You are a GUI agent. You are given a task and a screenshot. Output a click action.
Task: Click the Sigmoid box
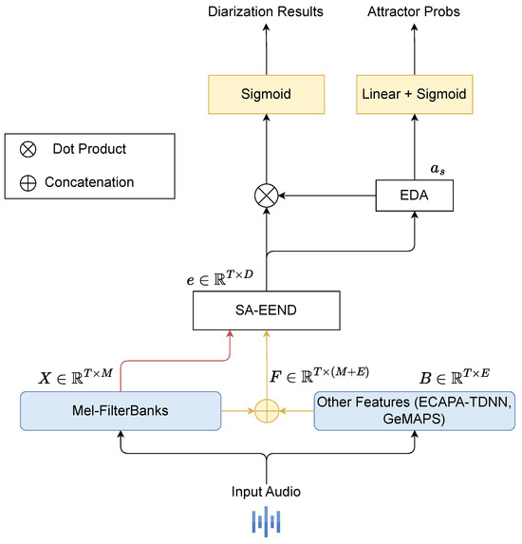click(266, 94)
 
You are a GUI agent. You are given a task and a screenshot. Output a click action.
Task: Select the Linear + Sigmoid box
click(415, 94)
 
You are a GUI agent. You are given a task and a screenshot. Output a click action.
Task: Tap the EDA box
click(415, 196)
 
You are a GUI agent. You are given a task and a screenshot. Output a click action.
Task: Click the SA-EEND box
click(267, 310)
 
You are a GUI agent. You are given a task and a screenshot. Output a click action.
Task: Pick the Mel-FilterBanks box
click(121, 411)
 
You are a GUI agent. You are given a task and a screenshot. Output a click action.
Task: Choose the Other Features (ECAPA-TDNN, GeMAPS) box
click(415, 411)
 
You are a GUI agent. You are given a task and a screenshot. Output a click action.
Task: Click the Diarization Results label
click(266, 11)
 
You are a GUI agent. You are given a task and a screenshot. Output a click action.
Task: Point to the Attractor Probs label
click(414, 11)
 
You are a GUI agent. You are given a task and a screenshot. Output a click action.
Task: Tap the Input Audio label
click(266, 492)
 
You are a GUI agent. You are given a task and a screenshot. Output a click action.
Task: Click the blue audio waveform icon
click(266, 521)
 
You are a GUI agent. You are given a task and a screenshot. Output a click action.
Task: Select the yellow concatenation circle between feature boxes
click(267, 411)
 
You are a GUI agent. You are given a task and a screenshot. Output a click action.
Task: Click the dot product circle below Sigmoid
click(267, 196)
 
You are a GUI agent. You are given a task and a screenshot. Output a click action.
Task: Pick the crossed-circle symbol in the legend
click(28, 150)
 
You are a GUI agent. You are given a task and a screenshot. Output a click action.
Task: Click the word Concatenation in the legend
click(89, 182)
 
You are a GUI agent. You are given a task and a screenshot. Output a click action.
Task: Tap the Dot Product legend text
click(89, 149)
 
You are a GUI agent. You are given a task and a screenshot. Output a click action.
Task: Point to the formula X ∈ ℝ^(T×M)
click(76, 377)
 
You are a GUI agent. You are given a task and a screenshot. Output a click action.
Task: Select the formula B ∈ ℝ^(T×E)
click(455, 377)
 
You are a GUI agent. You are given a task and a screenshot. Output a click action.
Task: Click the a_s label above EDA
click(438, 169)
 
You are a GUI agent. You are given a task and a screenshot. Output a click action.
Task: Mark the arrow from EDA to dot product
click(327, 196)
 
